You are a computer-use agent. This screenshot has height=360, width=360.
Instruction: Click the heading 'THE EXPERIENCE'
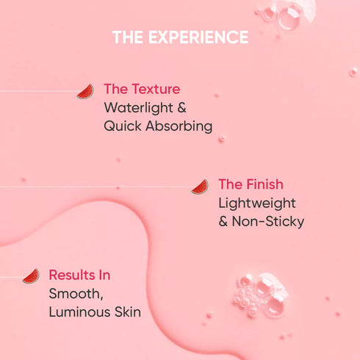pyautogui.click(x=180, y=37)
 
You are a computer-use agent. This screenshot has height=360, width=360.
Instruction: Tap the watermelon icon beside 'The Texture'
pyautogui.click(x=85, y=91)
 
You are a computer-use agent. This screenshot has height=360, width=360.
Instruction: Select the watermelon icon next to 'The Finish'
pyautogui.click(x=200, y=187)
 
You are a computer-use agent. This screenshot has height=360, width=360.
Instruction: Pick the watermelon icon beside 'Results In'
pyautogui.click(x=31, y=276)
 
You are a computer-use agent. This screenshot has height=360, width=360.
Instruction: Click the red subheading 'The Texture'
pyautogui.click(x=142, y=90)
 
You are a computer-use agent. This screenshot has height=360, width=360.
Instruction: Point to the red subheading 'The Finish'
pyautogui.click(x=251, y=184)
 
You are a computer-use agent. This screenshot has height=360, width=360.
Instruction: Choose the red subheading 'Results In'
pyautogui.click(x=79, y=275)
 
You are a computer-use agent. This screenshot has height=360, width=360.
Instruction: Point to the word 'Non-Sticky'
pyautogui.click(x=268, y=221)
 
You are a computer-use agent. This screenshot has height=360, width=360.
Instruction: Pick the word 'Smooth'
pyautogui.click(x=71, y=294)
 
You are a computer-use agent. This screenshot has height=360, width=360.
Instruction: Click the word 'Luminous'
pyautogui.click(x=80, y=312)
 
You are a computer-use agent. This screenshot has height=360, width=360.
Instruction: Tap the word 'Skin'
pyautogui.click(x=128, y=312)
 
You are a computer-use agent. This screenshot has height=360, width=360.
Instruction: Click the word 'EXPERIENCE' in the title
pyautogui.click(x=198, y=37)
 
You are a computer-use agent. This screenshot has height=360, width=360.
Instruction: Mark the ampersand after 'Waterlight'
pyautogui.click(x=181, y=108)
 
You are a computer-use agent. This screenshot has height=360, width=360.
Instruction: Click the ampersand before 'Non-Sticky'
pyautogui.click(x=223, y=221)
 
